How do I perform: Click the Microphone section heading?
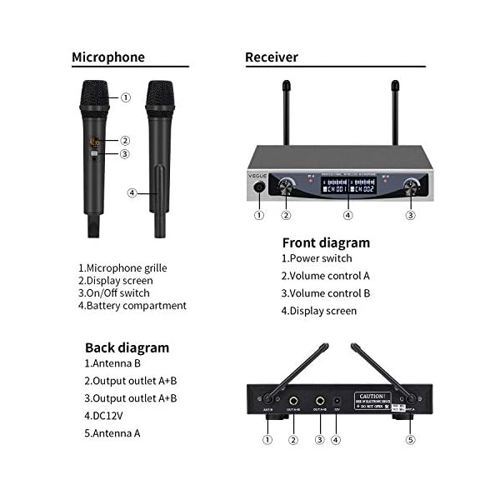pyautogui.click(x=108, y=57)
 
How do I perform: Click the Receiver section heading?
pyautogui.click(x=272, y=57)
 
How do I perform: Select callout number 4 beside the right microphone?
pyautogui.click(x=132, y=193)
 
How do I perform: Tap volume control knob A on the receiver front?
pyautogui.click(x=287, y=186)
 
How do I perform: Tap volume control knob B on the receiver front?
pyautogui.click(x=410, y=186)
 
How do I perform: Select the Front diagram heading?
pyautogui.click(x=326, y=243)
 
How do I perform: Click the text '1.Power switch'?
pyautogui.click(x=316, y=258)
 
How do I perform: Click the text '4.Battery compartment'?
pyautogui.click(x=132, y=306)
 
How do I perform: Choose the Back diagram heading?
pyautogui.click(x=127, y=347)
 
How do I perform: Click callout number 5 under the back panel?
pyautogui.click(x=408, y=440)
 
